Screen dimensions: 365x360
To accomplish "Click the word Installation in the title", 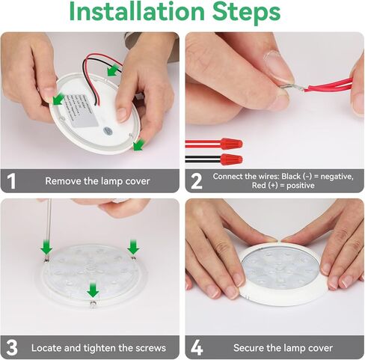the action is point(137,11).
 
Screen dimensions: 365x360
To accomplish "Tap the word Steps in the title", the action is point(246,13).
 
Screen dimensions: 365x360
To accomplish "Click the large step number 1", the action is point(11,181).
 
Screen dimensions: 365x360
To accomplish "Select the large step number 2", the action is point(197,181).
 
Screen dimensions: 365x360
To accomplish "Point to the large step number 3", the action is point(12,347).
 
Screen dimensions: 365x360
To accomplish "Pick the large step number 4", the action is point(197,347).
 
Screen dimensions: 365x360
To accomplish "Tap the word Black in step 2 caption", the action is point(291,177).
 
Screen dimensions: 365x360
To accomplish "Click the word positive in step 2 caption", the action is point(301,186).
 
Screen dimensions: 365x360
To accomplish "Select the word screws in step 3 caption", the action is point(151,348).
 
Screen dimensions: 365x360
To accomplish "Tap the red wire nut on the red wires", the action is point(231,144).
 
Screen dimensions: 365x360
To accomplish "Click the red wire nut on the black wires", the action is point(231,159).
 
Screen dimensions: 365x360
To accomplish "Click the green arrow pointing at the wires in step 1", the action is point(113,70).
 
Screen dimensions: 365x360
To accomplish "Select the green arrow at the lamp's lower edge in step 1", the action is point(138,145).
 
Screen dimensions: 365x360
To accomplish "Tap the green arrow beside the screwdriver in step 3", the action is point(46,247).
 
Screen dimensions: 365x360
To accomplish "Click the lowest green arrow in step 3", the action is point(93,290).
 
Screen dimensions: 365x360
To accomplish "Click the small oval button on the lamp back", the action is point(108,130).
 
